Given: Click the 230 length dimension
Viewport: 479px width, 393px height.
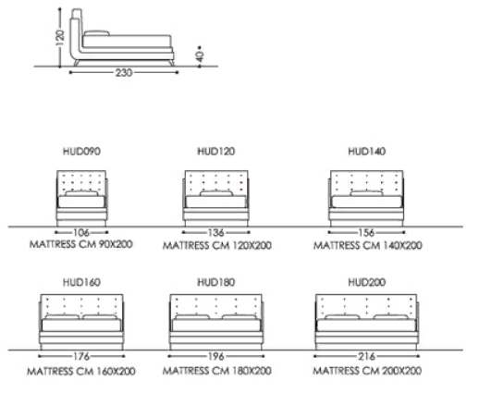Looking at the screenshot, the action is click(124, 73).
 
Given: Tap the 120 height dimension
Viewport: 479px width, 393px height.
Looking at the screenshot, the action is click(60, 38).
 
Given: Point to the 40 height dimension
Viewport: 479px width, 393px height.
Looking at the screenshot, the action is click(200, 56).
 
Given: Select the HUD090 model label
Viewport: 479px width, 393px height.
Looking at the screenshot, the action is click(81, 152).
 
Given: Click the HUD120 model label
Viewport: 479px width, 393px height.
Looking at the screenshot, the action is click(216, 152).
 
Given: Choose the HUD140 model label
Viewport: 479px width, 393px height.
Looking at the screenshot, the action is click(367, 152).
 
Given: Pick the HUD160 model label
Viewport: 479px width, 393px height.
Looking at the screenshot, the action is click(81, 282).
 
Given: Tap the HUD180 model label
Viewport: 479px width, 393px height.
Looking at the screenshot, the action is click(216, 282).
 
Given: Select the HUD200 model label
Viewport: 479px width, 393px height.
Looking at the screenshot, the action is click(367, 282).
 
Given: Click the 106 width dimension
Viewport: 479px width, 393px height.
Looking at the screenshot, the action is click(81, 232).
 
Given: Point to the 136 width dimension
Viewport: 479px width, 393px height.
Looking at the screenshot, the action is click(216, 232).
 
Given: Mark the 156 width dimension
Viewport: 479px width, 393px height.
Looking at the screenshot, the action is click(367, 232).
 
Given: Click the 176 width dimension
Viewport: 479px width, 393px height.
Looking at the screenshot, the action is click(81, 357).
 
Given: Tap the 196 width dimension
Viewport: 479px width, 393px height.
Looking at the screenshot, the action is click(216, 357).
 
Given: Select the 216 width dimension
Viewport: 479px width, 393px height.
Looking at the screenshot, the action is click(367, 357).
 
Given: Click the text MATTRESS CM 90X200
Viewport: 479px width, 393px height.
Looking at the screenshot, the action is click(81, 244).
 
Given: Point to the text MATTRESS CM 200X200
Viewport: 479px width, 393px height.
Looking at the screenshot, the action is click(367, 371).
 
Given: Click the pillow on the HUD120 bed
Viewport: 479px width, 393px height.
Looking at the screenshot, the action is click(216, 193).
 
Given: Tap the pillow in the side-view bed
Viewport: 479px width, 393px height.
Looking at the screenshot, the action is click(96, 33).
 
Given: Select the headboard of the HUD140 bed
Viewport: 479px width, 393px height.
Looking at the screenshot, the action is click(367, 182).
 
